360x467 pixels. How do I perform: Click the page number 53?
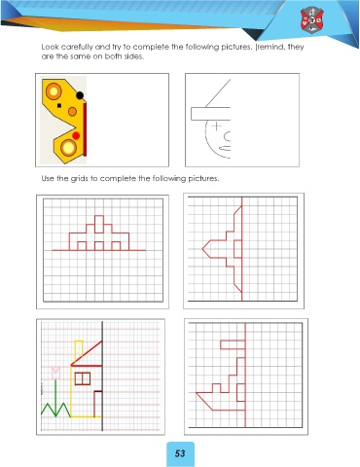point(180,453)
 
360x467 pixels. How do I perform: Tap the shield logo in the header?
point(311,20)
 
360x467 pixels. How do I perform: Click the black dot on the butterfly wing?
point(80,95)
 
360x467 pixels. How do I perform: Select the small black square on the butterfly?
point(59,105)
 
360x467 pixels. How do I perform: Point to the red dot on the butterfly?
point(76,135)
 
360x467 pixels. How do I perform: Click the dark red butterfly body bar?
point(85,129)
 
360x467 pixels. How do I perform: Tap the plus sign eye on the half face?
point(216,126)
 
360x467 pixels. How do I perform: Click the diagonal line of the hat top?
point(218,93)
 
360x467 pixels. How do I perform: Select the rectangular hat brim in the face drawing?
point(211,114)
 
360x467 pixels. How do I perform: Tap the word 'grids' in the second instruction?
point(80,179)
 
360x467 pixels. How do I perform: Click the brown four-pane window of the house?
point(83,378)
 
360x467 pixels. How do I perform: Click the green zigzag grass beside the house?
point(55,410)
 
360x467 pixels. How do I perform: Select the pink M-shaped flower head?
point(55,373)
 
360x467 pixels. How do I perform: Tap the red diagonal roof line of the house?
point(87,353)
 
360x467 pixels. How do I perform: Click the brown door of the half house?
point(98,404)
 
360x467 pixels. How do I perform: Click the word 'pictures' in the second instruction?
point(203,179)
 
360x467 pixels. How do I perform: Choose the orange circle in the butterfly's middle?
point(72,112)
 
